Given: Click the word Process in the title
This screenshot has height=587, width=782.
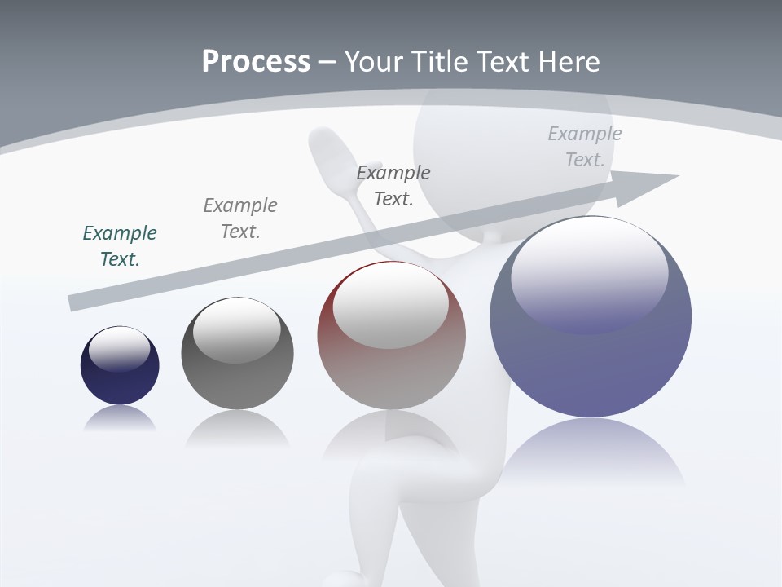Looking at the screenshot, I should (256, 62).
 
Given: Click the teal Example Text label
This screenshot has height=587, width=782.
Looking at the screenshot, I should (120, 245).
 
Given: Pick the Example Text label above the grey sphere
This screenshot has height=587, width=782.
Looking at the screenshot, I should (240, 218).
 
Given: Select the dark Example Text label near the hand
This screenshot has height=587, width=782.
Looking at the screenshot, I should (393, 185).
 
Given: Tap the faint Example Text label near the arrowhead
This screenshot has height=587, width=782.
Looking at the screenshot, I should (585, 146).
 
